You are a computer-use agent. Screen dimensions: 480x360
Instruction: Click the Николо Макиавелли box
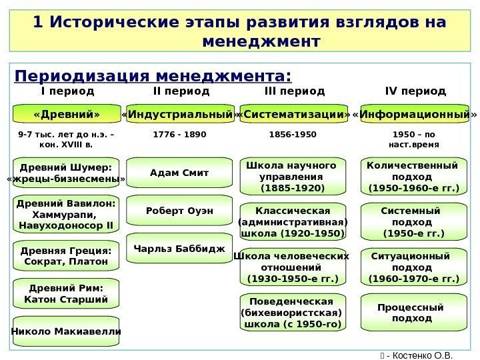point(66,331)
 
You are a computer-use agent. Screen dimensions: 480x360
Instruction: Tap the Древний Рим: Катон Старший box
point(66,293)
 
